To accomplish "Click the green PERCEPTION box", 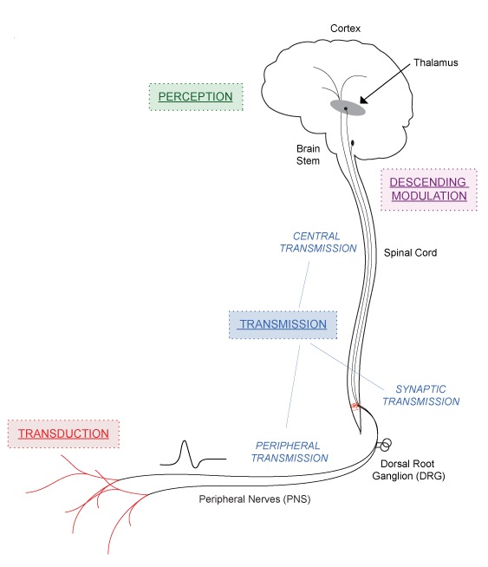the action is pyautogui.click(x=196, y=97).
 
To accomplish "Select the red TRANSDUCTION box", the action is pyautogui.click(x=63, y=433).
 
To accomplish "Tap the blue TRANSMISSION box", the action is pyautogui.click(x=283, y=324).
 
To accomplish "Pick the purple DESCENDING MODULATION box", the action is pyautogui.click(x=429, y=189).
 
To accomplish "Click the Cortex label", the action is pyautogui.click(x=345, y=29).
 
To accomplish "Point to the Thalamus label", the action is pyautogui.click(x=436, y=62).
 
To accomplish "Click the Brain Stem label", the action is pyautogui.click(x=308, y=154).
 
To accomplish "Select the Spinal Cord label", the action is pyautogui.click(x=410, y=252).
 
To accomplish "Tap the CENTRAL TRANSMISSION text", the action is pyautogui.click(x=318, y=242).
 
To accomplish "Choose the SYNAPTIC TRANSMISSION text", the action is pyautogui.click(x=421, y=395).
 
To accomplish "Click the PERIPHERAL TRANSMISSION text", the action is pyautogui.click(x=290, y=452).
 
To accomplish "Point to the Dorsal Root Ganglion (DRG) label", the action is pyautogui.click(x=408, y=470).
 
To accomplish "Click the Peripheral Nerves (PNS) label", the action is pyautogui.click(x=255, y=499).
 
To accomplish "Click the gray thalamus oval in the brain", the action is pyautogui.click(x=348, y=108).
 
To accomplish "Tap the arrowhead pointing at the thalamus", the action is pyautogui.click(x=364, y=100).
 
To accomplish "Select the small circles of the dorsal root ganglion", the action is pyautogui.click(x=385, y=445).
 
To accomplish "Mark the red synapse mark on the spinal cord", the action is pyautogui.click(x=355, y=406).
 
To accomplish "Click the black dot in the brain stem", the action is pyautogui.click(x=353, y=143).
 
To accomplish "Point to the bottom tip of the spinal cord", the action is pyautogui.click(x=361, y=433).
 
